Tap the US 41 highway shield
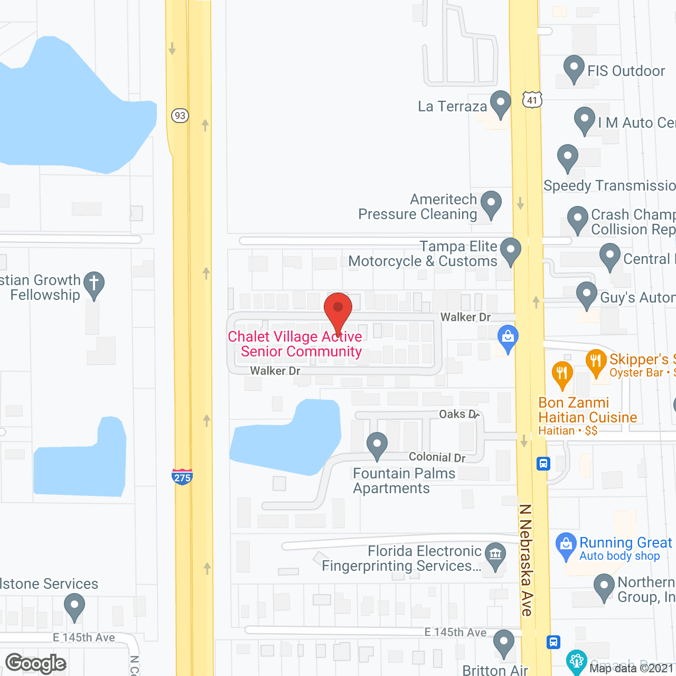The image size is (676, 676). pyautogui.click(x=532, y=100)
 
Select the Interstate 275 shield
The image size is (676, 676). pyautogui.click(x=182, y=476)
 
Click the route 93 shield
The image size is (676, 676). pyautogui.click(x=180, y=115)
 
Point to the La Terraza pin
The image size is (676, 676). pyautogui.click(x=500, y=103)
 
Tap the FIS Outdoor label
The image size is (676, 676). pyautogui.click(x=626, y=71)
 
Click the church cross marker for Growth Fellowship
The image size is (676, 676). pyautogui.click(x=93, y=284)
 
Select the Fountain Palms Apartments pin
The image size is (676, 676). pyautogui.click(x=377, y=444)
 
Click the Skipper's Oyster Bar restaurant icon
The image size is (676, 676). pyautogui.click(x=596, y=362)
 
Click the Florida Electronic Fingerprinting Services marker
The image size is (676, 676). pyautogui.click(x=495, y=556)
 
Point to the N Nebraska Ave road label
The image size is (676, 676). pyautogui.click(x=526, y=560)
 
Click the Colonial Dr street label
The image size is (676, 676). pyautogui.click(x=437, y=457)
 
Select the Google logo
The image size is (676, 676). pyautogui.click(x=36, y=663)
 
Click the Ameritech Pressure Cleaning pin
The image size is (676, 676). pyautogui.click(x=491, y=203)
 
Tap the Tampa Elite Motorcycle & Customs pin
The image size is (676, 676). pyautogui.click(x=510, y=250)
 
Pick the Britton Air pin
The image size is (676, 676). pyautogui.click(x=503, y=643)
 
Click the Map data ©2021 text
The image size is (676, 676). pyautogui.click(x=631, y=668)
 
